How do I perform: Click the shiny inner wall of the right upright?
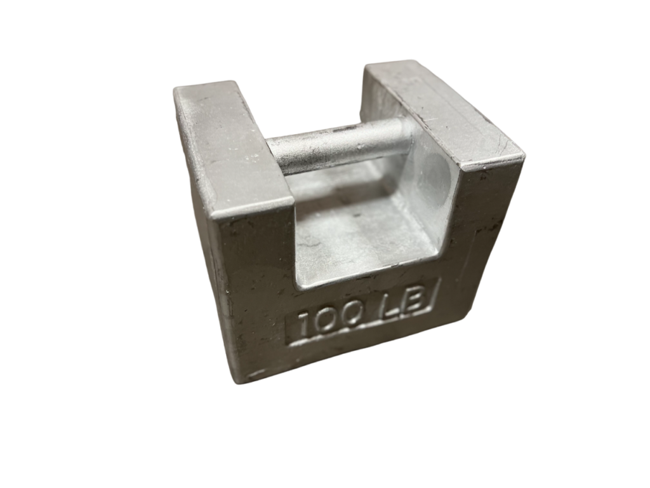click(x=432, y=191)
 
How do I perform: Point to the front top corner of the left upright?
click(x=216, y=219)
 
